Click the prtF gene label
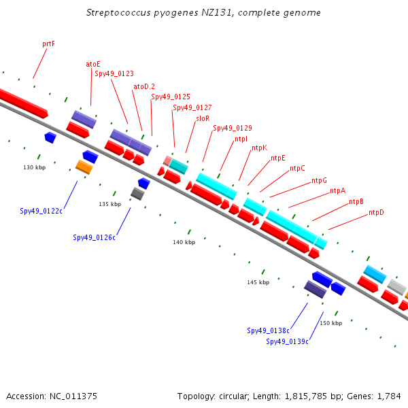click(x=48, y=44)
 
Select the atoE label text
click(x=93, y=64)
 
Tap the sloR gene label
click(x=203, y=118)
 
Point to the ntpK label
click(x=260, y=148)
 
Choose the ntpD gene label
click(x=376, y=212)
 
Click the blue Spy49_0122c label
click(x=41, y=211)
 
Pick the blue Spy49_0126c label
click(x=95, y=237)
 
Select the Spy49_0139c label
click(x=287, y=341)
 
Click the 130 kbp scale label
click(x=35, y=167)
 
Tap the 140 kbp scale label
click(x=184, y=242)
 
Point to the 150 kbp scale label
click(x=331, y=323)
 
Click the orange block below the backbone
click(x=84, y=167)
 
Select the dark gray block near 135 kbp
click(x=137, y=194)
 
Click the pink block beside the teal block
click(x=167, y=160)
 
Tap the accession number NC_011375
click(x=73, y=396)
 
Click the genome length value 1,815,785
click(x=306, y=396)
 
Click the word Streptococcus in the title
click(x=118, y=12)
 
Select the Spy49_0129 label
click(x=233, y=128)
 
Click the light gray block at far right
click(x=397, y=287)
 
